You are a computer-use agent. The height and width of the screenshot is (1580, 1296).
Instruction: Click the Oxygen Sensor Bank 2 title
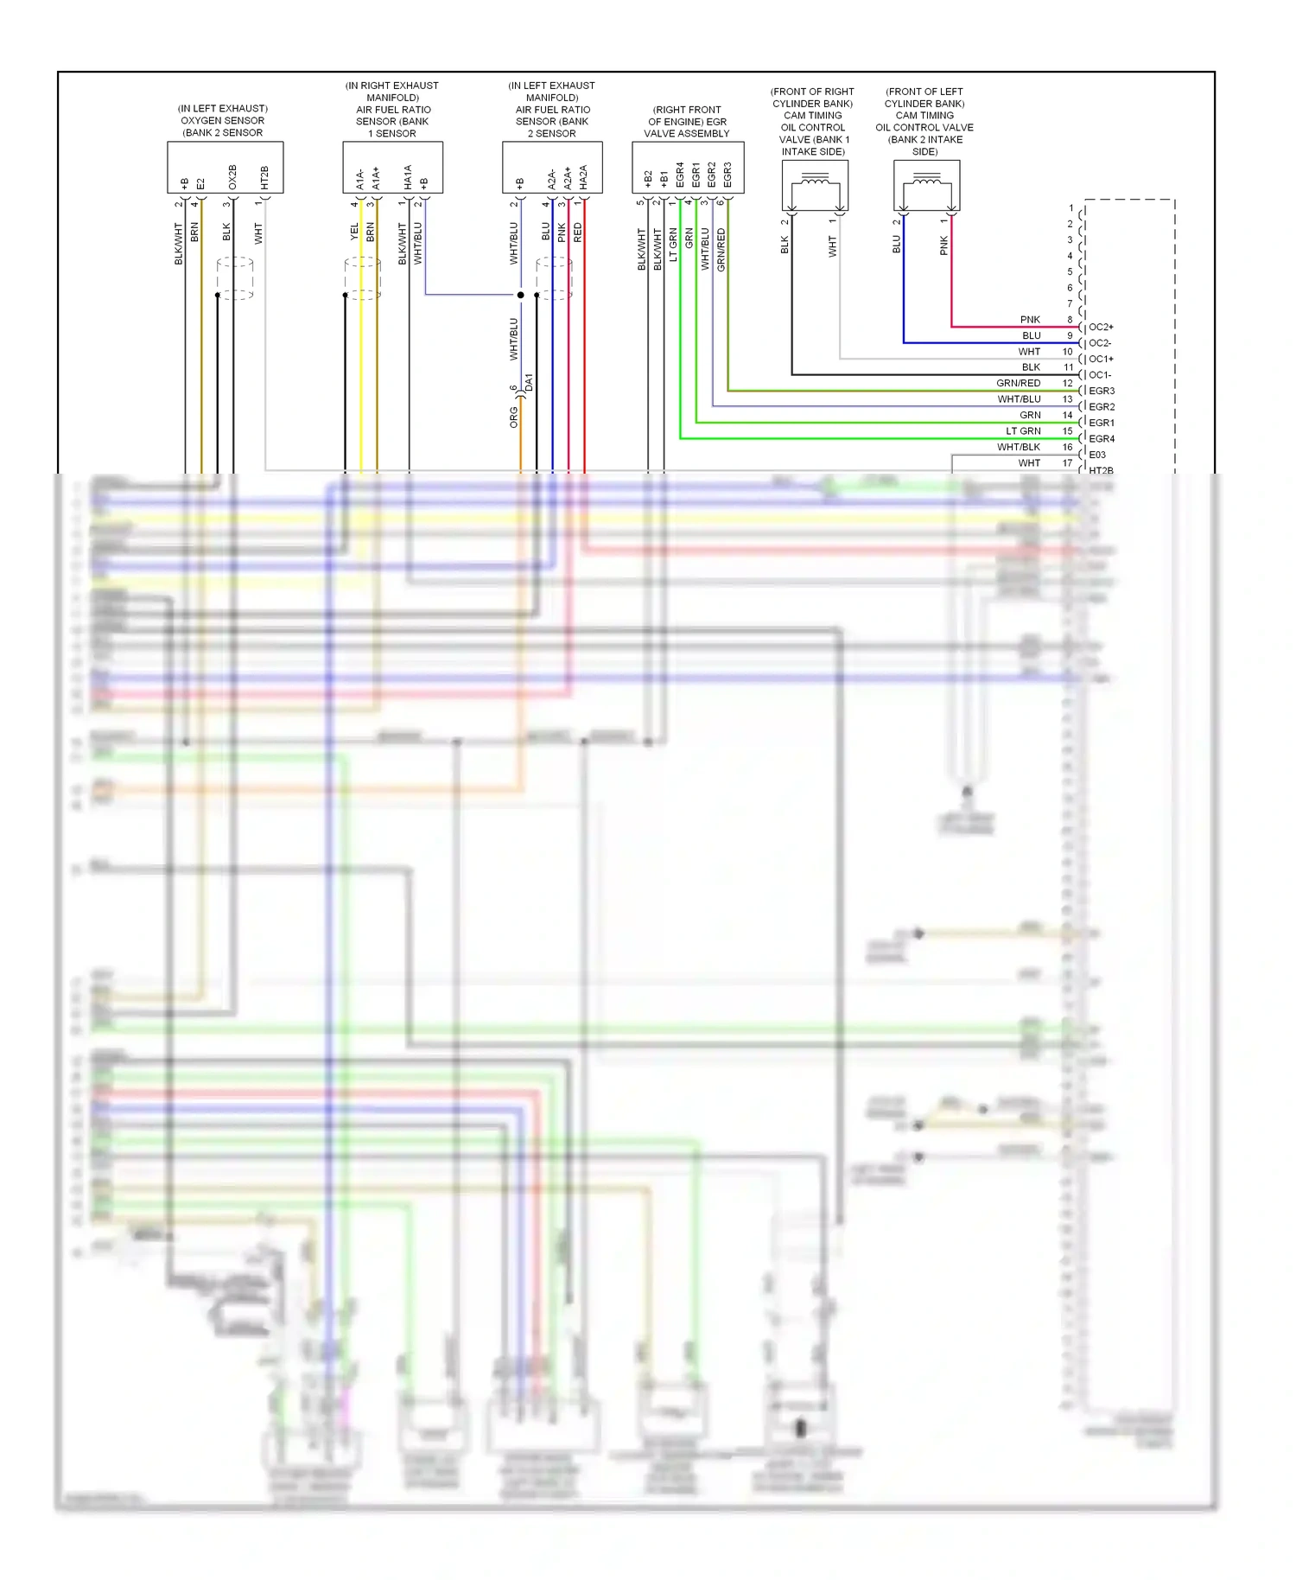point(223,120)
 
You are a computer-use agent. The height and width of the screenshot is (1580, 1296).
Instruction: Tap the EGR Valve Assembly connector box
point(688,168)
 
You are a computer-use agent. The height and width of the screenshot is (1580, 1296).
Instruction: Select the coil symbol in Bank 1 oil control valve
point(815,180)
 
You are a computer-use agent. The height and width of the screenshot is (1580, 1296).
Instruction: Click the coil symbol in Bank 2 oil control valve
point(927,180)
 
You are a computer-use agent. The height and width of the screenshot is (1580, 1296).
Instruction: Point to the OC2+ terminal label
point(1101,328)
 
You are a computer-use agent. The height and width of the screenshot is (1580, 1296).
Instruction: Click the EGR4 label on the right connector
point(1102,439)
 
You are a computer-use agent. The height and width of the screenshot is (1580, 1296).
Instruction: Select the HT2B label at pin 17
point(1101,470)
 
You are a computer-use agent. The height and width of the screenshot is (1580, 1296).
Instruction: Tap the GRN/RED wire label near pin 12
point(1018,383)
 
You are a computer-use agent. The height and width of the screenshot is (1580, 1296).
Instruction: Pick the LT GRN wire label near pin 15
point(1023,431)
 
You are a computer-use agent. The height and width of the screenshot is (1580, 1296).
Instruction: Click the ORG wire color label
point(514,417)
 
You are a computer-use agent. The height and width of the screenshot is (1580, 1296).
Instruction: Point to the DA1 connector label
point(530,381)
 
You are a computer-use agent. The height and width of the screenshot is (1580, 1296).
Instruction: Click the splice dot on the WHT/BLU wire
point(520,295)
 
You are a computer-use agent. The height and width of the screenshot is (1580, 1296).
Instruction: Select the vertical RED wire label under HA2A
point(578,233)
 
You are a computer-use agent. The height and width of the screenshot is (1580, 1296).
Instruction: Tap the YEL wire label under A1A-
point(354,232)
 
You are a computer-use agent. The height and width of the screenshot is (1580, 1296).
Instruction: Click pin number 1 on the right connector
point(1071,208)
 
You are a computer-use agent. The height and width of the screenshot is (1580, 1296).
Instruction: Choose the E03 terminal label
point(1097,455)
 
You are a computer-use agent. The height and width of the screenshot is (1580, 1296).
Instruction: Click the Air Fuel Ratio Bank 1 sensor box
point(393,168)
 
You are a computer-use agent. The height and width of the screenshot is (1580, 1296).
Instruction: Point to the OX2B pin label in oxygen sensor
point(232,177)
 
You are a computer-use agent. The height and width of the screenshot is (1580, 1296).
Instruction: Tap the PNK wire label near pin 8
point(1030,320)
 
